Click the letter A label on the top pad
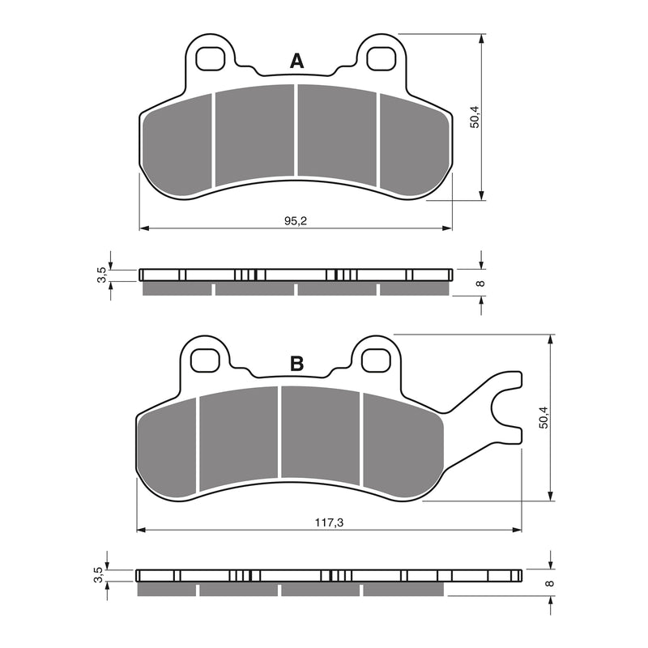(x=297, y=61)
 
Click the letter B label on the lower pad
(x=296, y=364)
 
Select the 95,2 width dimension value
(x=296, y=221)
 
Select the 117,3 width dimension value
(x=329, y=523)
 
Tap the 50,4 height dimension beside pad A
(x=475, y=117)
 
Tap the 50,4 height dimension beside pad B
(x=544, y=417)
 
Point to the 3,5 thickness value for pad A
(x=101, y=275)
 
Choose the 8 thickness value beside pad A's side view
(x=480, y=283)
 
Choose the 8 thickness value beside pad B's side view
(x=548, y=583)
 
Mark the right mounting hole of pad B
(x=374, y=358)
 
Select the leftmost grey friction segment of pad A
(x=177, y=146)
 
